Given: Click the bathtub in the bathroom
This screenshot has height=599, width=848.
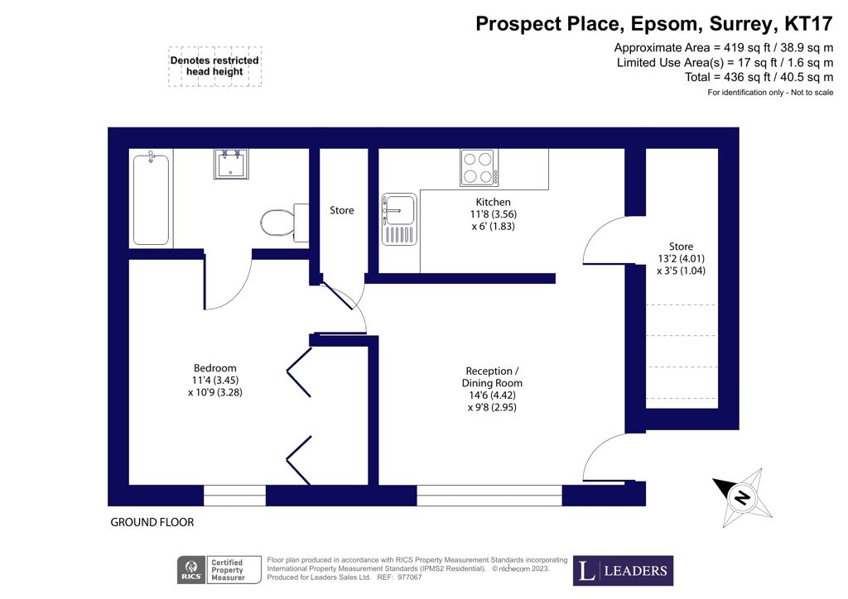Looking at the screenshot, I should (x=151, y=199).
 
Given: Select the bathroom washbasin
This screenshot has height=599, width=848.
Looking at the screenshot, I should (x=229, y=164).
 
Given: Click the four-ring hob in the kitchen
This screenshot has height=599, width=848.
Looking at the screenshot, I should (x=479, y=168).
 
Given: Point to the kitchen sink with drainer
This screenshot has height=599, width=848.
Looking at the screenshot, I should (x=398, y=218).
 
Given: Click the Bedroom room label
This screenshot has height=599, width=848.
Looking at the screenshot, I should (x=215, y=368).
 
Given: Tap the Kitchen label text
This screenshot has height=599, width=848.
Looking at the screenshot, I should (x=493, y=202).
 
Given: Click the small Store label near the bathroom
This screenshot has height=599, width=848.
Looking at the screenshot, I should (x=341, y=211).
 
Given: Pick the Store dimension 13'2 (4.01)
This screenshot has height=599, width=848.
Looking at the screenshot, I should (x=681, y=258).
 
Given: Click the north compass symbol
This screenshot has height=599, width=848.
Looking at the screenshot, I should (x=742, y=498).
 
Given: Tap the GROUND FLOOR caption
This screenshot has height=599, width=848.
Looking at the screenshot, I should (x=152, y=523).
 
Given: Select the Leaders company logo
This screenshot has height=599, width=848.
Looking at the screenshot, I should (x=624, y=570).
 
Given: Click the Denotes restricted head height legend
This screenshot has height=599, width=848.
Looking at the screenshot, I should (x=214, y=66).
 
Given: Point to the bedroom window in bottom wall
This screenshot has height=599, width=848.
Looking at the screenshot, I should (x=234, y=496).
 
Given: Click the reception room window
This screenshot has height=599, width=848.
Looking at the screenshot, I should (x=489, y=496).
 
